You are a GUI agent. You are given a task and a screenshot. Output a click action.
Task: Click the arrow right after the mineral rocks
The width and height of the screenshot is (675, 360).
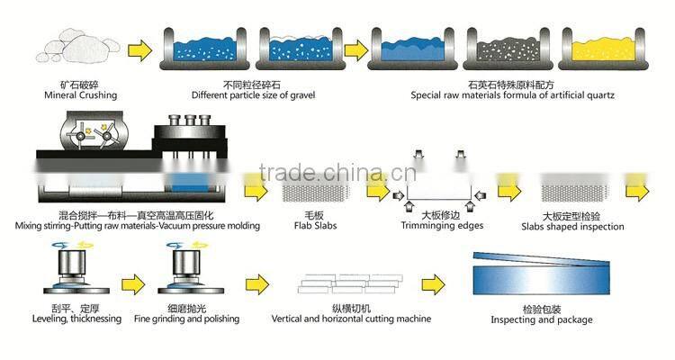tap(138, 48)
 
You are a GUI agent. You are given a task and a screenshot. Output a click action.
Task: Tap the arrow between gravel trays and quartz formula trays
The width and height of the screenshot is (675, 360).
tap(357, 48)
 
